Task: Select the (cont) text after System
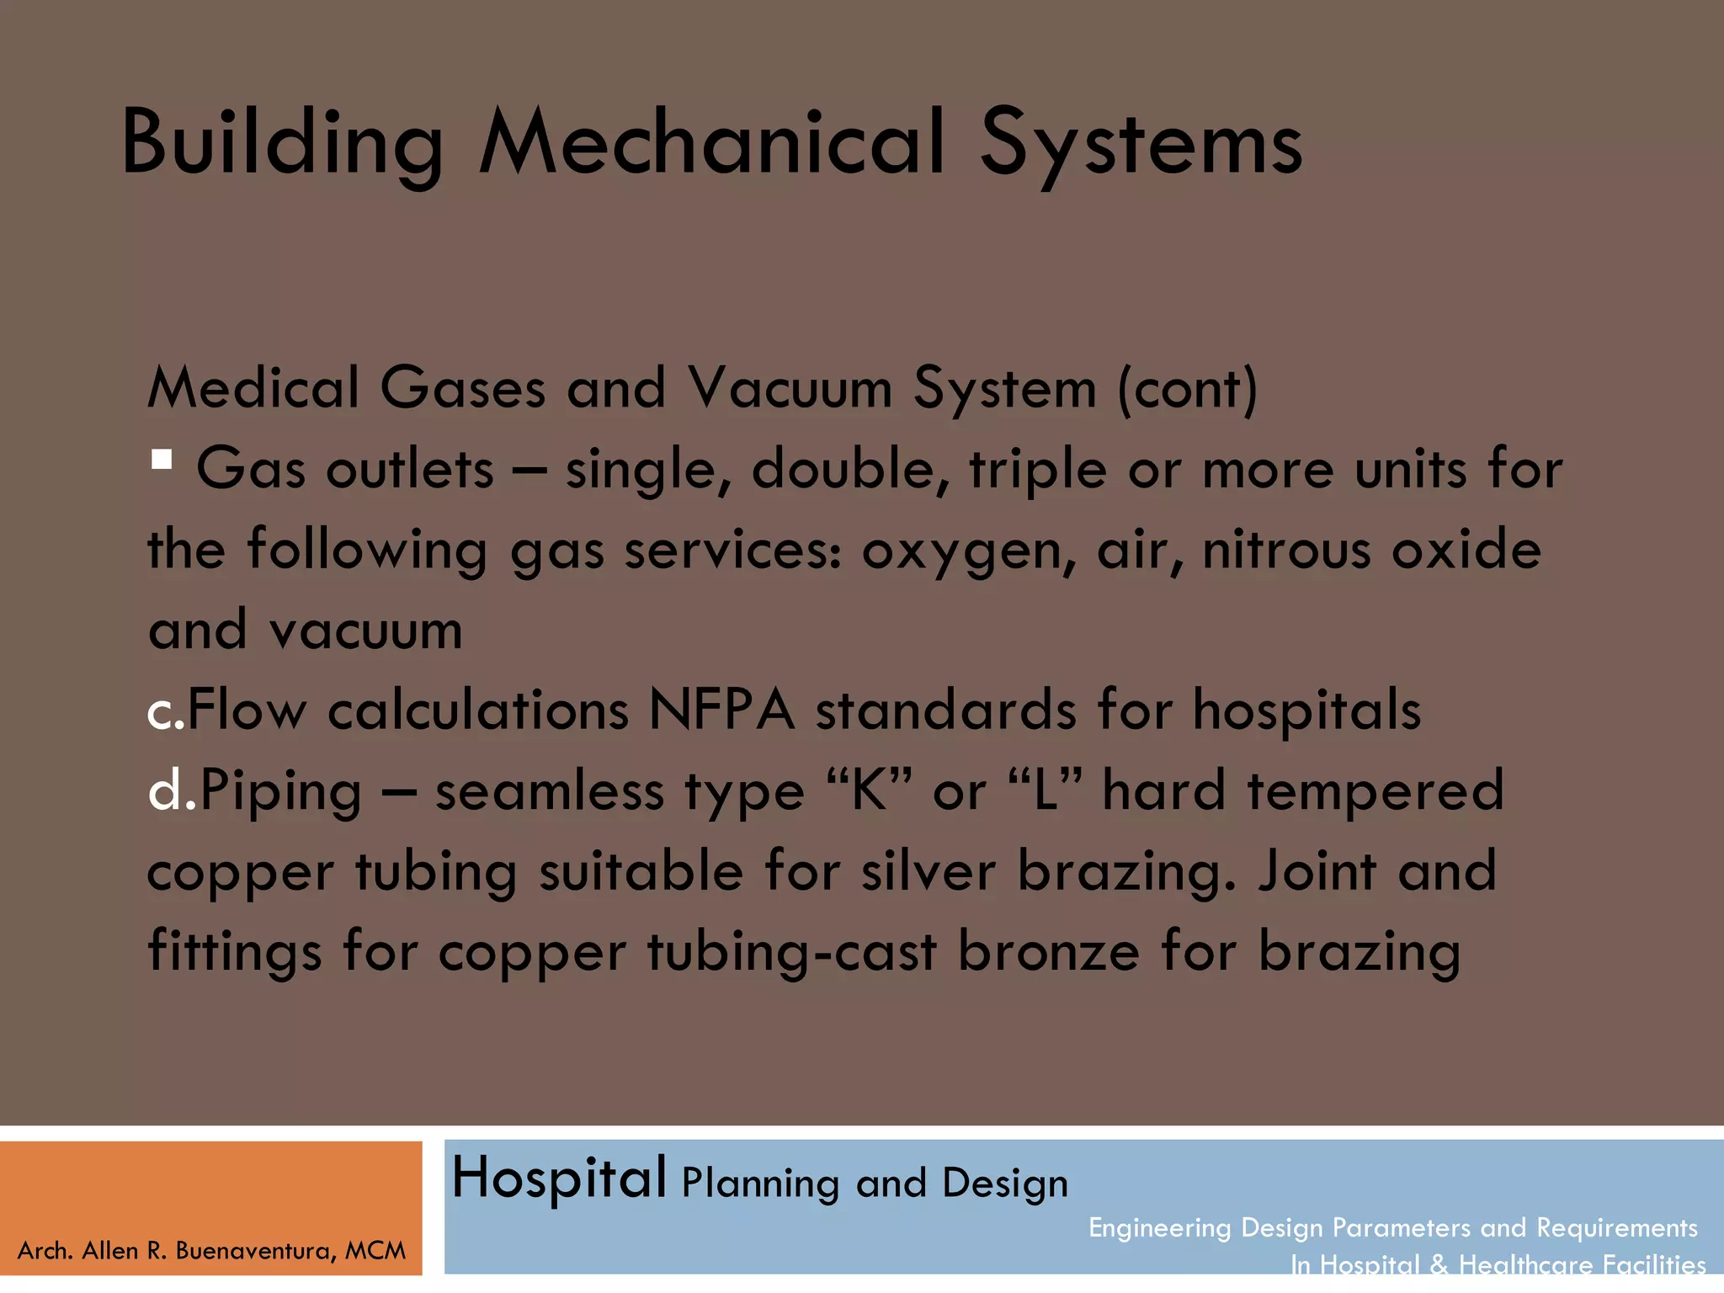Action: coord(1187,389)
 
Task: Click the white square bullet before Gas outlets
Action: coord(162,460)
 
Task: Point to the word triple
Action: coord(1037,470)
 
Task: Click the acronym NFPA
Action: coord(721,710)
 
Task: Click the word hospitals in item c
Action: coord(1306,710)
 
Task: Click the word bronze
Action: coord(1048,951)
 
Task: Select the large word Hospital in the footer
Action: coord(559,1179)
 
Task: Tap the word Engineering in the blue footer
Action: coord(1159,1227)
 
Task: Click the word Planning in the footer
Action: coord(760,1184)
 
